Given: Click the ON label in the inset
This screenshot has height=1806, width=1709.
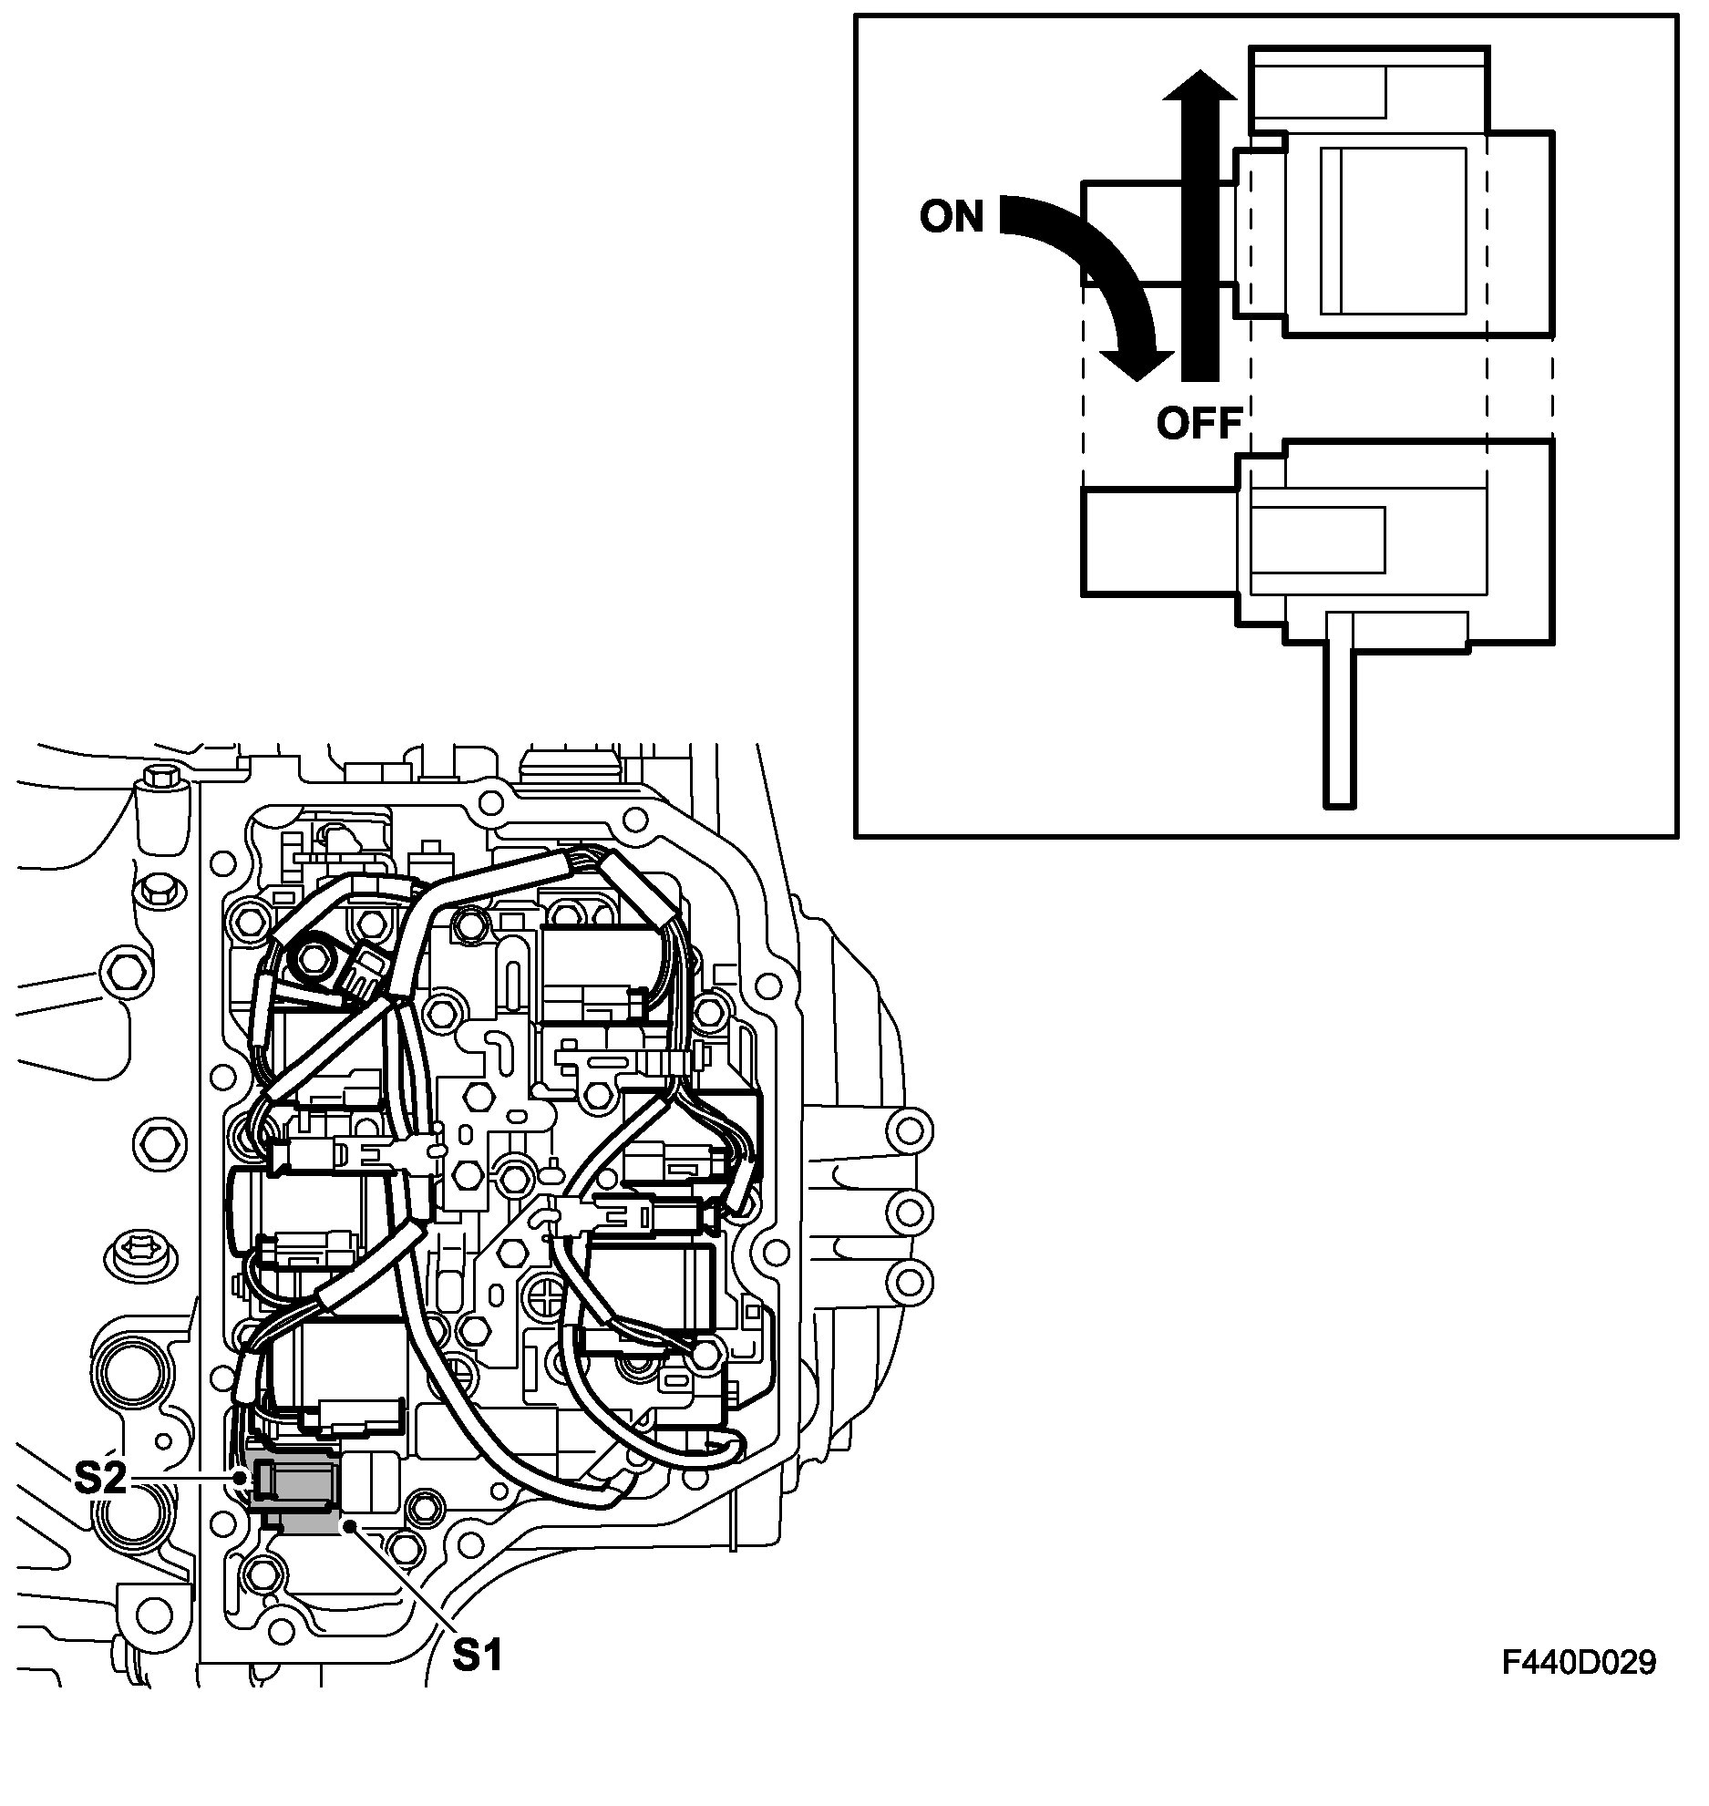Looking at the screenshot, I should [x=952, y=216].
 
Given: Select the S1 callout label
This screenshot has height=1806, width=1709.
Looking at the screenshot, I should [x=478, y=1655].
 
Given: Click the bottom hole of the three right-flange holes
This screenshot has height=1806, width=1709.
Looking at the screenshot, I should [x=910, y=1280].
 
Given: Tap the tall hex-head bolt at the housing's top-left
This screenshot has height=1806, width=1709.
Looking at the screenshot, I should [x=160, y=814].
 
